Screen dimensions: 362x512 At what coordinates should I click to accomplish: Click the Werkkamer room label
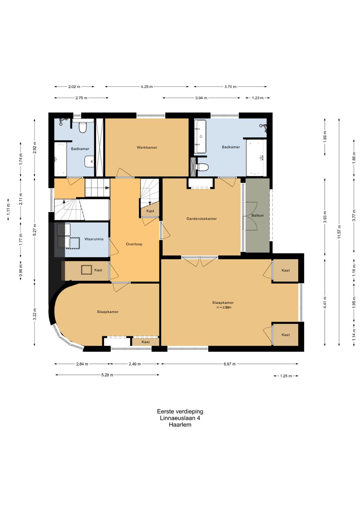147,148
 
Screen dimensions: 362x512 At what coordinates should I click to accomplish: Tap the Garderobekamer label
201,219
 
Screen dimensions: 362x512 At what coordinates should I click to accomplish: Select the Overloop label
134,244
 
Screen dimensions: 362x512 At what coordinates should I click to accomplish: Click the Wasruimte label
94,239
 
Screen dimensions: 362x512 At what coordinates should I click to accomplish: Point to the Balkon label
257,215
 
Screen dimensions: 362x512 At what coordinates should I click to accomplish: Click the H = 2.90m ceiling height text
224,307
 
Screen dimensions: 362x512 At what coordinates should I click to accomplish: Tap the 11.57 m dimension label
339,232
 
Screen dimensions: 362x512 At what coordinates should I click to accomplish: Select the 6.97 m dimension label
230,364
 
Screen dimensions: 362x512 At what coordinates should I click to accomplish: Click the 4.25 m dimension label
147,87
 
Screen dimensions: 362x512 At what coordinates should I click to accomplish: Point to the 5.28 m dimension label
107,375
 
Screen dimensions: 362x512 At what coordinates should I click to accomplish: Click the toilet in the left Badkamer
82,127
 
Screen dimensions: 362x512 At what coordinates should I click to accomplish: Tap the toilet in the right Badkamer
203,167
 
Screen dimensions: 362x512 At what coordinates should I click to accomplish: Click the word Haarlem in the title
180,425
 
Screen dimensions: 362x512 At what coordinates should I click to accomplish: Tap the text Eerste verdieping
180,411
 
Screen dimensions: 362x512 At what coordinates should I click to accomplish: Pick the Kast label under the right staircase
150,211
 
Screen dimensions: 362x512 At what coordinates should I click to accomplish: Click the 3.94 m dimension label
201,98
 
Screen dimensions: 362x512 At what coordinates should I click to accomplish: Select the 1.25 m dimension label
286,376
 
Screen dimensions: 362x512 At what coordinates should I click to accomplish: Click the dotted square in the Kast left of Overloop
86,270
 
